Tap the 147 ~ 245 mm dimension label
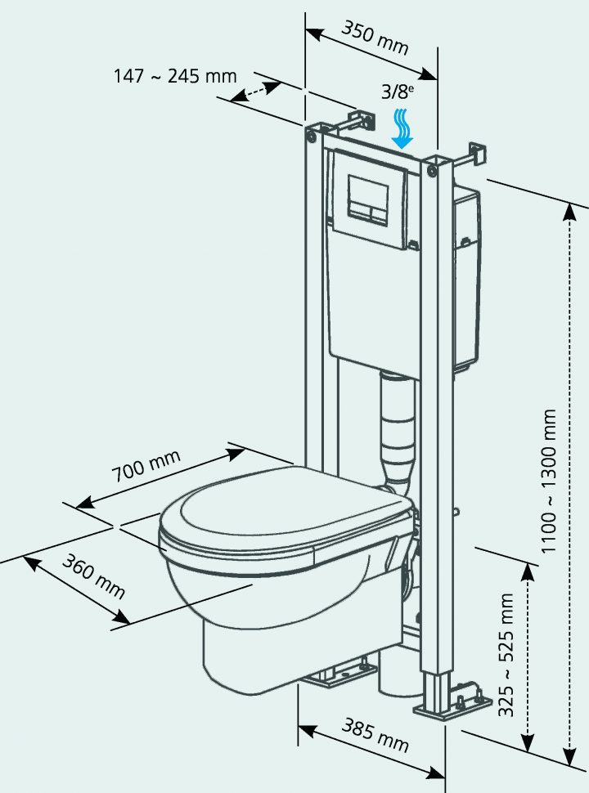(174, 77)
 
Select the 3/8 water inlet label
(398, 92)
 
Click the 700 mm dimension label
(146, 469)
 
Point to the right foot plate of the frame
(442, 705)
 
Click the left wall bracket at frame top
(357, 121)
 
